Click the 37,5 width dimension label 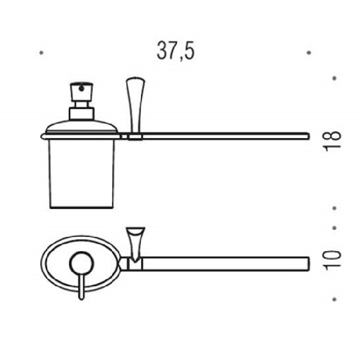(x=176, y=51)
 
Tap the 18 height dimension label (x=332, y=141)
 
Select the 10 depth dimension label (x=332, y=260)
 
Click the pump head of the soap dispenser (x=82, y=92)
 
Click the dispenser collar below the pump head (x=82, y=113)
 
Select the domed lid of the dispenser (x=82, y=127)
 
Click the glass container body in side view (x=82, y=174)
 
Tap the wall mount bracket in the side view (x=135, y=105)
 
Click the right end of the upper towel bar (x=309, y=136)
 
